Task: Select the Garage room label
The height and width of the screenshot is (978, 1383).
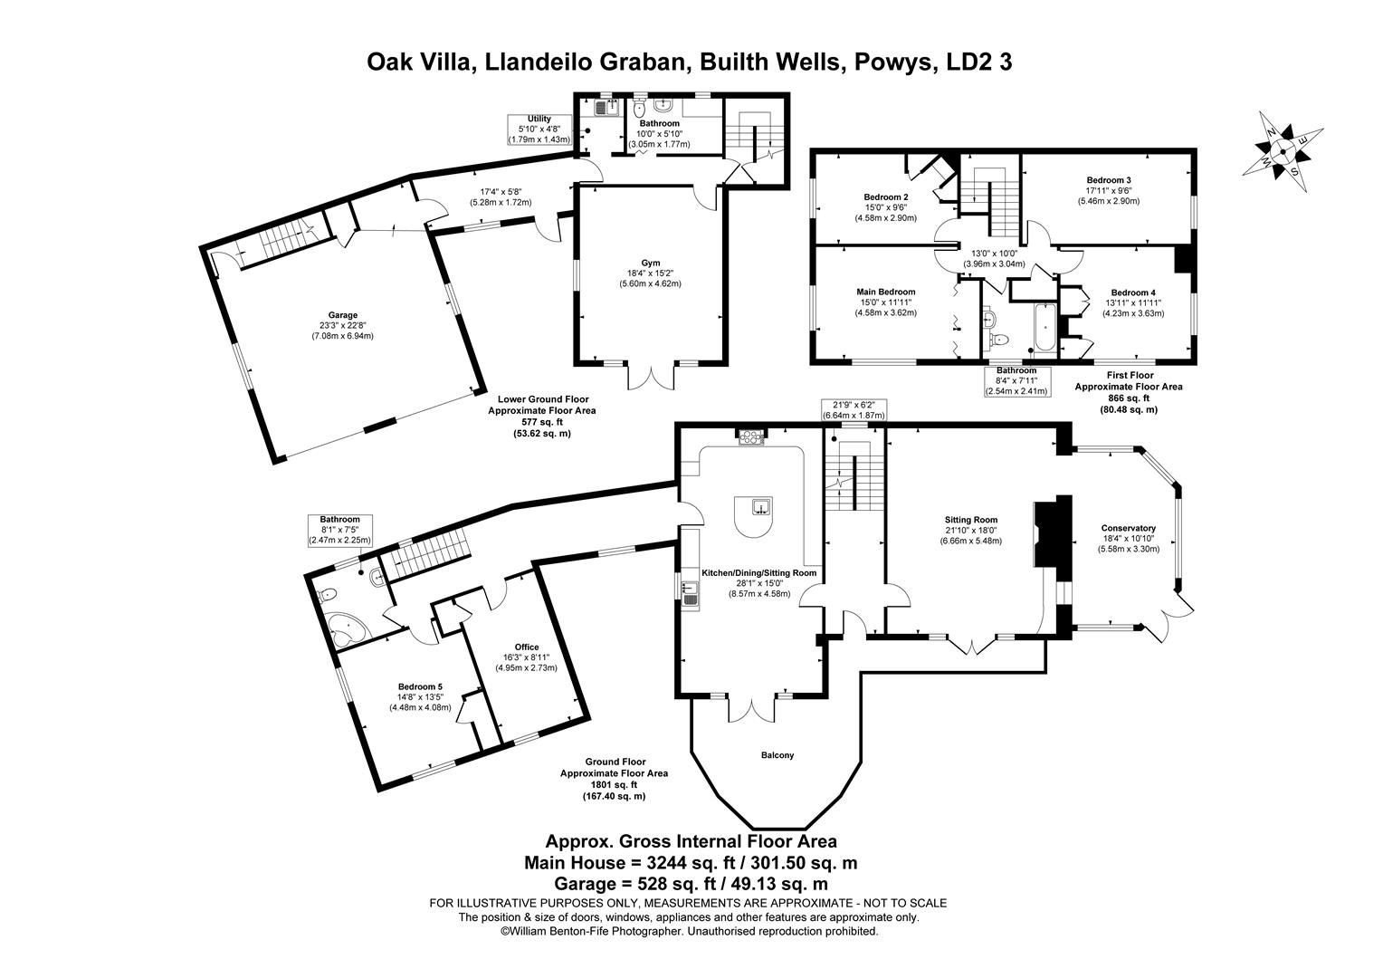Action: tap(343, 315)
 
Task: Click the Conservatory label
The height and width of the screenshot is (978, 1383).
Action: tap(1128, 528)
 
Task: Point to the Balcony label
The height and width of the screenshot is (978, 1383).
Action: tap(777, 755)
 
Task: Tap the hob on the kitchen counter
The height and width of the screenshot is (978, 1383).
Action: tap(750, 438)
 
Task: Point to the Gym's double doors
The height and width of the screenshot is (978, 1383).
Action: tap(651, 374)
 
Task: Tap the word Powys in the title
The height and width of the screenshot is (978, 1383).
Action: tap(892, 62)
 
